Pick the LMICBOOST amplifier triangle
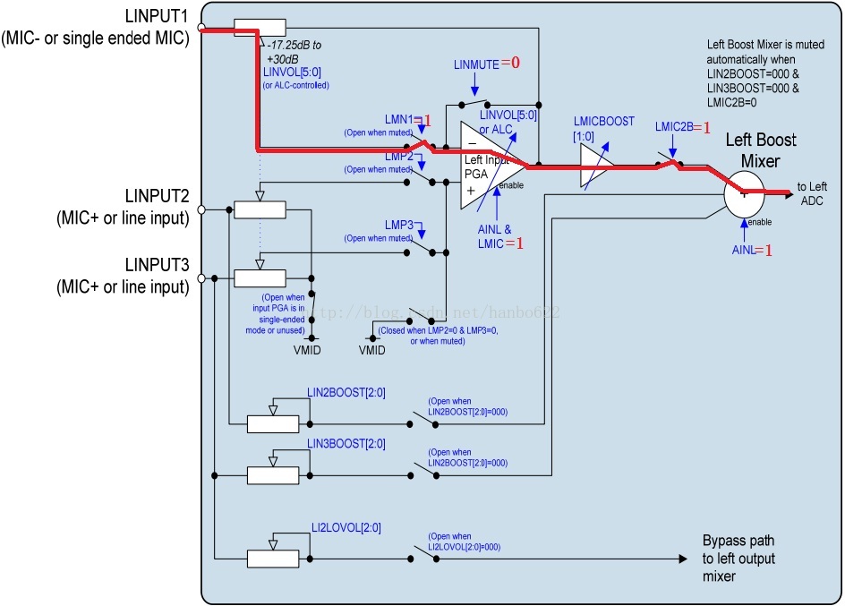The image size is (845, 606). tap(596, 166)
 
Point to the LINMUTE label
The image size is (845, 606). tap(476, 64)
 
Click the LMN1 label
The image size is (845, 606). tap(399, 120)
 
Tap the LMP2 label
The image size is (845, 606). tap(399, 157)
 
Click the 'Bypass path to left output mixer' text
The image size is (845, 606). tap(738, 559)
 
